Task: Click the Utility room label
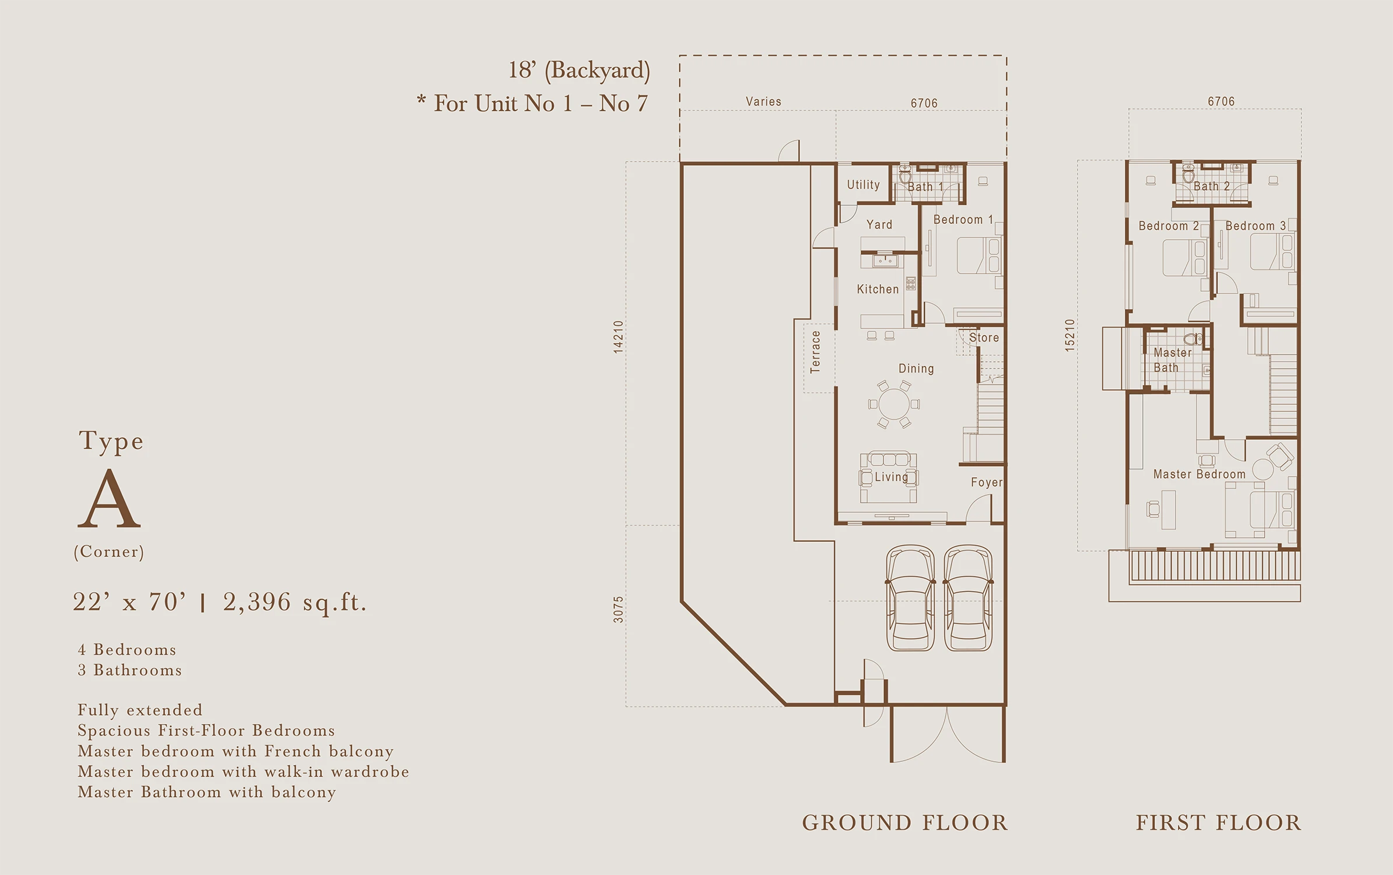click(x=863, y=185)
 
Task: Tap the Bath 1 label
click(x=925, y=187)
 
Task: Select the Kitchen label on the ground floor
click(x=878, y=289)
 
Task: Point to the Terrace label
click(x=815, y=352)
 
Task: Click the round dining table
click(x=893, y=404)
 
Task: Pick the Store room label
click(x=984, y=338)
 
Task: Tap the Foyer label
click(x=987, y=482)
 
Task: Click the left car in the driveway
click(x=910, y=598)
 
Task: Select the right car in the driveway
click(x=968, y=598)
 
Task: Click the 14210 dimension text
click(x=618, y=337)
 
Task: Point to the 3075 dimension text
click(x=618, y=609)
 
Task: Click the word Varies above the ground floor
click(x=763, y=101)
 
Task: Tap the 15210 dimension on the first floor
click(x=1069, y=335)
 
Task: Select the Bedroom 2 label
click(x=1169, y=226)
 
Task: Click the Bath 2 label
click(x=1211, y=186)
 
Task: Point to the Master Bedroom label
click(x=1199, y=474)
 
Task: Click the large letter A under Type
click(x=110, y=498)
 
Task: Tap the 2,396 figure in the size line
click(x=257, y=602)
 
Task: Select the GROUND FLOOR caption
click(x=904, y=823)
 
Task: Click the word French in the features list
click(x=293, y=751)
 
